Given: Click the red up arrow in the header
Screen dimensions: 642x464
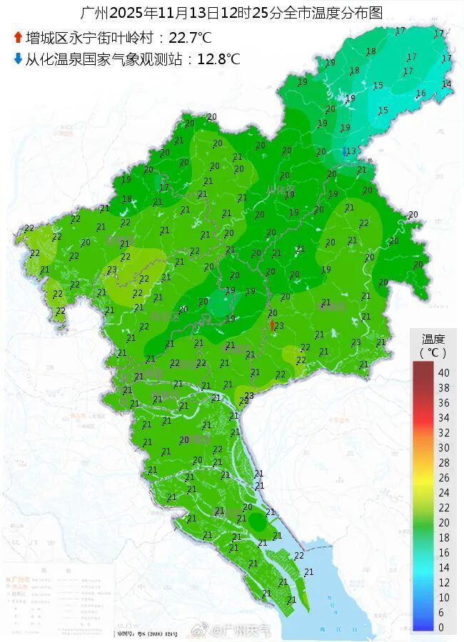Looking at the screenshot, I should click(x=18, y=36).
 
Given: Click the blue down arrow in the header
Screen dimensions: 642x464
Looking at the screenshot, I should click(x=18, y=58).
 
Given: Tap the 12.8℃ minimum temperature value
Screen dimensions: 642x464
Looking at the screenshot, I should click(x=218, y=59).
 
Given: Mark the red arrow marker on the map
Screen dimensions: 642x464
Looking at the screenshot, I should click(x=271, y=325).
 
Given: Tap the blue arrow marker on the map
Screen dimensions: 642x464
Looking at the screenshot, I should click(x=345, y=151).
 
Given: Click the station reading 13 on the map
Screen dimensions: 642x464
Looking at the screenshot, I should click(x=351, y=151).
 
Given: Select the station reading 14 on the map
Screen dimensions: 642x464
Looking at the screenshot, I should click(x=446, y=84).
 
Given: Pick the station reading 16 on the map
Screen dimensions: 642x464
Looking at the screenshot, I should click(x=421, y=93).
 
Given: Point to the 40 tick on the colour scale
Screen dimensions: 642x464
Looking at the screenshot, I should click(x=443, y=373).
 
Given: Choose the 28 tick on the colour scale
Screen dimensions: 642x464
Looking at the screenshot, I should click(x=443, y=462).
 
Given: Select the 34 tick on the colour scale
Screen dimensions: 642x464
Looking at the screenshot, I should click(x=443, y=417).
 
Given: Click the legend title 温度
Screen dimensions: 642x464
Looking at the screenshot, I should click(x=433, y=339).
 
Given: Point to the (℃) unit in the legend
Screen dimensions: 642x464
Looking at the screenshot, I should click(x=433, y=352).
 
